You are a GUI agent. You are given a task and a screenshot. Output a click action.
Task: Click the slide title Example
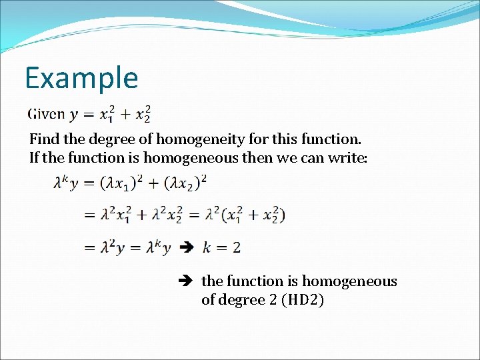click(x=81, y=78)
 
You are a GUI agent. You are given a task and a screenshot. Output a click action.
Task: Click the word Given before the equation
click(x=47, y=113)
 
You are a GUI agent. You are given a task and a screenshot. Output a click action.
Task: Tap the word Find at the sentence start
click(x=41, y=140)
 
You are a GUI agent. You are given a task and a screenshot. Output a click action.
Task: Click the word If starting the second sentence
click(x=34, y=158)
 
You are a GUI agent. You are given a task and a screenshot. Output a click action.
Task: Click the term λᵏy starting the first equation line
click(x=67, y=183)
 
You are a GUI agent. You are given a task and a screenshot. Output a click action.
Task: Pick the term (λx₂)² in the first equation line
click(x=183, y=183)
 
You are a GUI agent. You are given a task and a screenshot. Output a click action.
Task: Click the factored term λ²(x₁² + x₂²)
click(x=247, y=215)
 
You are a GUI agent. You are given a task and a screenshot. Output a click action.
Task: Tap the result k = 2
click(x=221, y=247)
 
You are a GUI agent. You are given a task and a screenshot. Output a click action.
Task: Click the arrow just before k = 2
click(x=187, y=247)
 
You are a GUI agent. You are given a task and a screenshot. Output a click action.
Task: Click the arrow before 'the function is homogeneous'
click(x=187, y=281)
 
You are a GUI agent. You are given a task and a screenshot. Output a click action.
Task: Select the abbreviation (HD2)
click(x=303, y=300)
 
